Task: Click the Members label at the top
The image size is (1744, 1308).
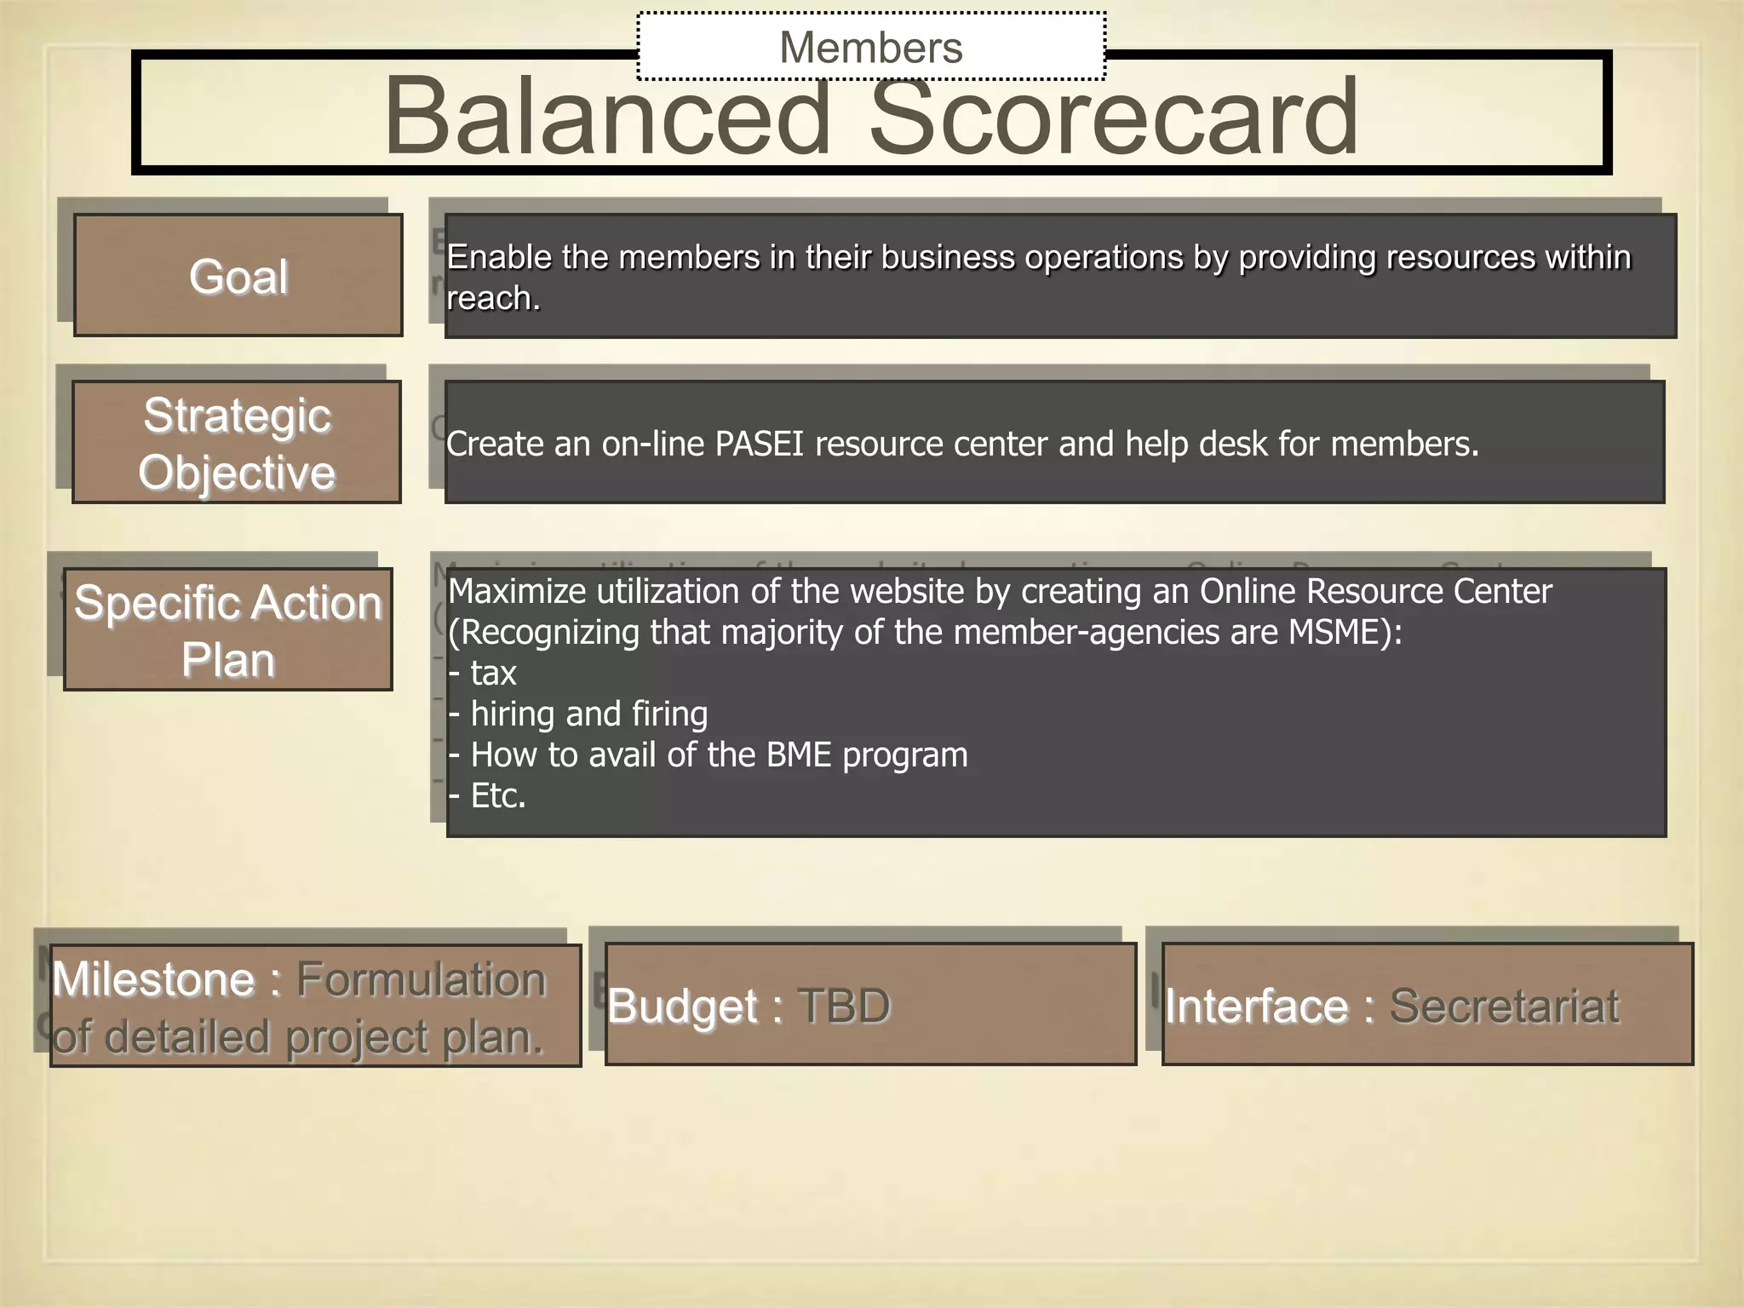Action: pyautogui.click(x=870, y=47)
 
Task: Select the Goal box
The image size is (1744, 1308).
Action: pyautogui.click(x=238, y=276)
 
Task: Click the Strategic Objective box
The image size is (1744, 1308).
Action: pyautogui.click(x=237, y=443)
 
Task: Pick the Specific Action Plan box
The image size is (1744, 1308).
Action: pyautogui.click(x=228, y=630)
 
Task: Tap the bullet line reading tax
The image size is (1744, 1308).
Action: pyautogui.click(x=483, y=674)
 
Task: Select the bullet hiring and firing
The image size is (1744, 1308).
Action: pyautogui.click(x=579, y=714)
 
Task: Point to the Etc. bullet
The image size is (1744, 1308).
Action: pyautogui.click(x=488, y=796)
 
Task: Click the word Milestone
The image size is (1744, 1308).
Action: pyautogui.click(x=153, y=979)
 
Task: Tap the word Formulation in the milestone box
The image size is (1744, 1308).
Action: pyautogui.click(x=421, y=979)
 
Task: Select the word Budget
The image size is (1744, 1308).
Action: pyautogui.click(x=682, y=1006)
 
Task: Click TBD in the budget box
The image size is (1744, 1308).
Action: pyautogui.click(x=844, y=1006)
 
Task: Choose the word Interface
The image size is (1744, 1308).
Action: pyautogui.click(x=1256, y=1006)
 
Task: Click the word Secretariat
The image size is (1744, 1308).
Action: pyautogui.click(x=1504, y=1006)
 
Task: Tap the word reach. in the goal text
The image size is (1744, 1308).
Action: pyautogui.click(x=493, y=299)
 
